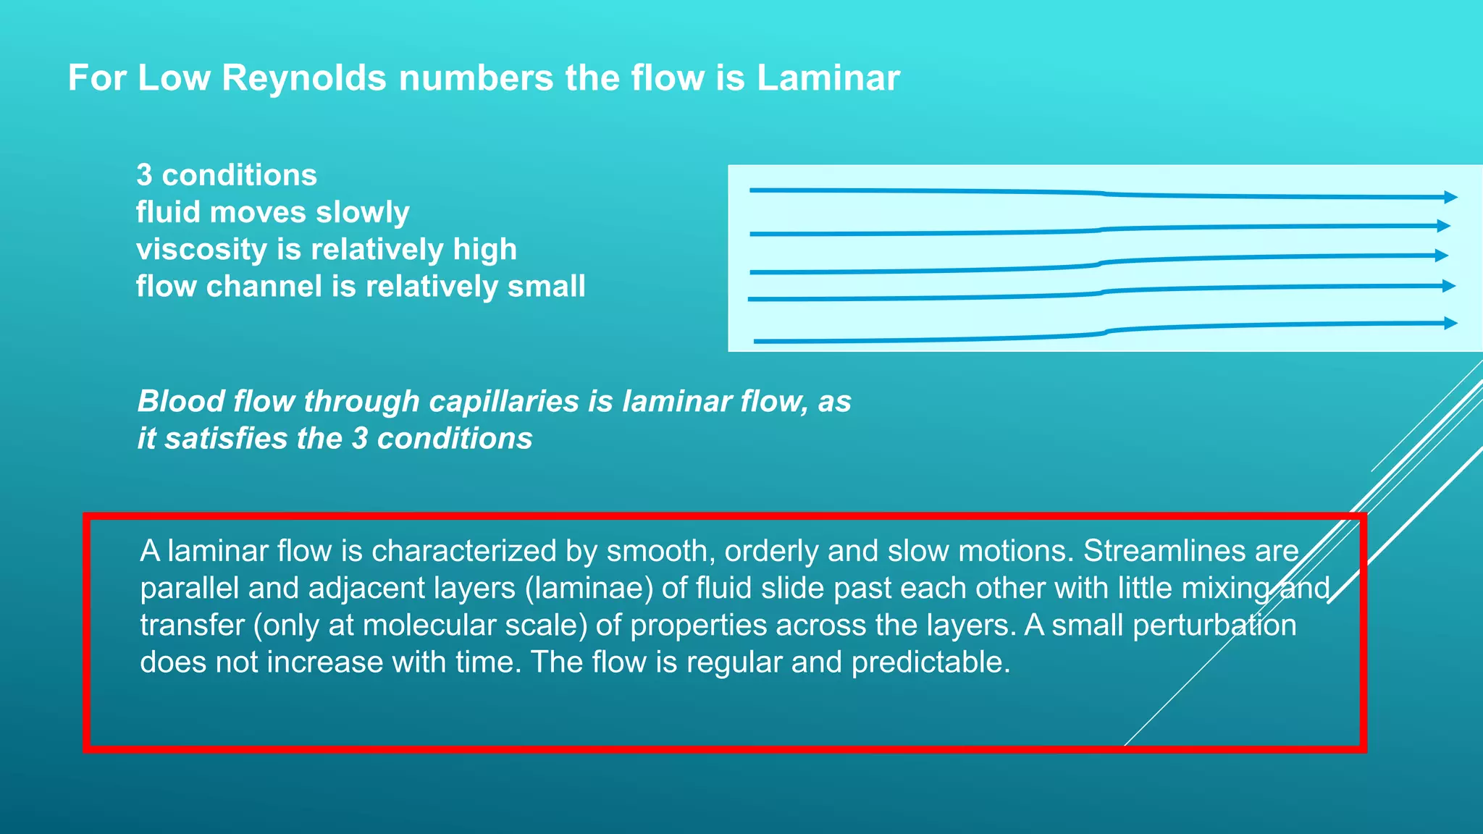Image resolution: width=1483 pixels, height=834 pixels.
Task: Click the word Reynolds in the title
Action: click(303, 77)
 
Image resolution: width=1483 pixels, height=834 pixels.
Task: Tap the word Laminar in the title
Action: click(828, 77)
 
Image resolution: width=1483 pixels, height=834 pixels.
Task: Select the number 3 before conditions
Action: click(144, 175)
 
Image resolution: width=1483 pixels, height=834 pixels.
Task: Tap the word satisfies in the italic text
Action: click(225, 439)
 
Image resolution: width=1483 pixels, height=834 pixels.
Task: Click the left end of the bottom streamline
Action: click(757, 341)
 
